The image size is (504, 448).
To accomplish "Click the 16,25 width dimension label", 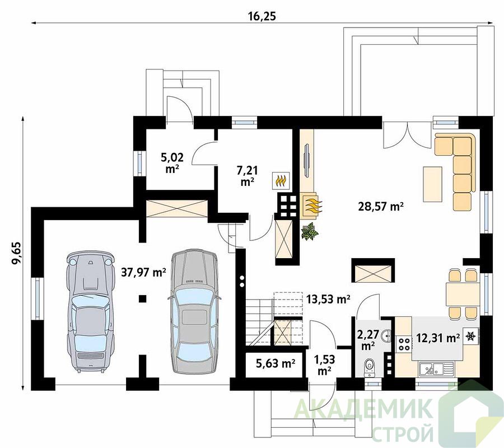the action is point(262,17).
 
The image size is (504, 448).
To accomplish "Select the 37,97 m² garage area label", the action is point(144,273).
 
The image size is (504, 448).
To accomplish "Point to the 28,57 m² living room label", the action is point(381,206).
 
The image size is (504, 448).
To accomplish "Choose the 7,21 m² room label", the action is point(247,175).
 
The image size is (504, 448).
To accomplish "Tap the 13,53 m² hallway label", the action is point(328,299).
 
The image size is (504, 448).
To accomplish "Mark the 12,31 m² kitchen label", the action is point(438,338).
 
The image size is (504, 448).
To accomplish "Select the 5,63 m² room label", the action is point(276,363).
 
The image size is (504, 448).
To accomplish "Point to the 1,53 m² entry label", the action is point(324,365).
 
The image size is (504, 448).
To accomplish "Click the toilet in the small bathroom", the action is point(370,367).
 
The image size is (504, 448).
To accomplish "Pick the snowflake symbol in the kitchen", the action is point(471,336).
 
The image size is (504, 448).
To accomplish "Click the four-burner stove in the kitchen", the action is point(404,343).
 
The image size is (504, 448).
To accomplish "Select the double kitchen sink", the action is point(436,368).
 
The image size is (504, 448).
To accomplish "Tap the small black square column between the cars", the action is point(142,299).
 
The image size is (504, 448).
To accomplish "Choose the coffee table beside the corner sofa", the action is point(432,184).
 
